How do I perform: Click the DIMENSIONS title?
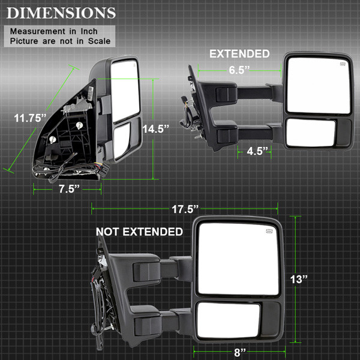coord(61,13)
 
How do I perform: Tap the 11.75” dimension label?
coord(30,118)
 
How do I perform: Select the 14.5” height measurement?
coord(155,129)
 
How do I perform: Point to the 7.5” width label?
coord(70,189)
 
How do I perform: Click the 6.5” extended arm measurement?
coord(239,70)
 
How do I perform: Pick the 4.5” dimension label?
coord(257,151)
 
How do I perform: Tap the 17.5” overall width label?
coord(185,209)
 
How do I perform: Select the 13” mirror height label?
coord(299,279)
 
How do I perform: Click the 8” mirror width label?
coord(240,352)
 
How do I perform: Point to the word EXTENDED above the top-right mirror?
coord(239,54)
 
